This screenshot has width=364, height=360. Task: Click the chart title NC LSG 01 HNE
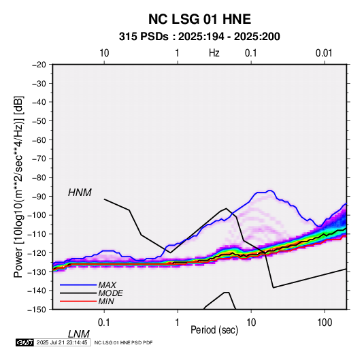coord(199,19)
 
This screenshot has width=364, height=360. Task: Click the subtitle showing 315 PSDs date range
coord(199,37)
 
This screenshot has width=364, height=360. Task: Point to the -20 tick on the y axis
coord(39,65)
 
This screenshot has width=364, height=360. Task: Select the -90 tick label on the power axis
coord(39,197)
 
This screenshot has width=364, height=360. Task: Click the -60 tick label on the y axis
coord(39,140)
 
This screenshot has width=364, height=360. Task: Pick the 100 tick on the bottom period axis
coord(325,323)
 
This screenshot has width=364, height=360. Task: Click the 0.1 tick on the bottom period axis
coord(104,323)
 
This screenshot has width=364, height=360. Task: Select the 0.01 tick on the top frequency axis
coord(324,53)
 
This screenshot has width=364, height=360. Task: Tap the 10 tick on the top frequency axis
coord(104,53)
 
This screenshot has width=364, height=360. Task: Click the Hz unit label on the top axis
coord(214,53)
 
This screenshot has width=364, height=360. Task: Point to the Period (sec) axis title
coord(214,330)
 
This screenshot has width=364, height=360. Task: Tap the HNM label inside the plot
coord(80,193)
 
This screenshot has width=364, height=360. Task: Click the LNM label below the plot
coord(79,334)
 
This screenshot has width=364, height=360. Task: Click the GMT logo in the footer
coord(25,342)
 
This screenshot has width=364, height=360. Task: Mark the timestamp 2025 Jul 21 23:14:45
coord(62,342)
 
